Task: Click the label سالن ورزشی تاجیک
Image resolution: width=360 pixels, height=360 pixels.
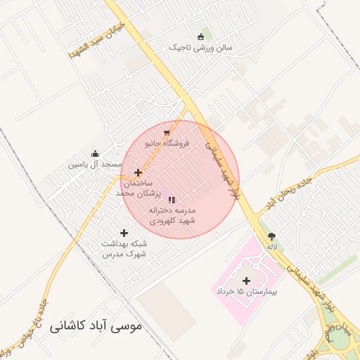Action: pyautogui.click(x=200, y=48)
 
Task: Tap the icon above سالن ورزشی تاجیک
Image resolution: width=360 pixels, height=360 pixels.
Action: pyautogui.click(x=201, y=37)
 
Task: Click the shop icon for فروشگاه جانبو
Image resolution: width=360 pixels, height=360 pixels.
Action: pyautogui.click(x=166, y=132)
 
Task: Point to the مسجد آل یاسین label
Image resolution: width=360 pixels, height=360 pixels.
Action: pyautogui.click(x=95, y=165)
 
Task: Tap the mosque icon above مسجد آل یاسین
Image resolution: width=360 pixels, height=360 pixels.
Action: pyautogui.click(x=96, y=154)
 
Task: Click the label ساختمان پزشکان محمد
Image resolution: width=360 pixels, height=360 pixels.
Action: pyautogui.click(x=139, y=187)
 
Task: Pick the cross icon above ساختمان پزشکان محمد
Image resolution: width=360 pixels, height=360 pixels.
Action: pyautogui.click(x=138, y=172)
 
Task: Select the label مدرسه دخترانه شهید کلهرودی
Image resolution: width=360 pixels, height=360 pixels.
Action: pyautogui.click(x=172, y=215)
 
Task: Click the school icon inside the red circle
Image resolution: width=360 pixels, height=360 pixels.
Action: pyautogui.click(x=172, y=200)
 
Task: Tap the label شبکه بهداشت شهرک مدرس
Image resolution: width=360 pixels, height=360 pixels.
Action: pyautogui.click(x=124, y=248)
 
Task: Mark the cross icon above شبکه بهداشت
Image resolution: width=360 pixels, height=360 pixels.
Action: pyautogui.click(x=124, y=233)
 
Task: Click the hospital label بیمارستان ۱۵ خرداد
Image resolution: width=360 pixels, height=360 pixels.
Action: pyautogui.click(x=247, y=290)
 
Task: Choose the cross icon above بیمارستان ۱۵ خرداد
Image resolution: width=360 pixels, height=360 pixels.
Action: pyautogui.click(x=246, y=281)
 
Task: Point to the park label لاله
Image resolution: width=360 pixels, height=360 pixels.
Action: pyautogui.click(x=271, y=247)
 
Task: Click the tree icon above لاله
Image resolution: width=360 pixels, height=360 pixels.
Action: pyautogui.click(x=272, y=236)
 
